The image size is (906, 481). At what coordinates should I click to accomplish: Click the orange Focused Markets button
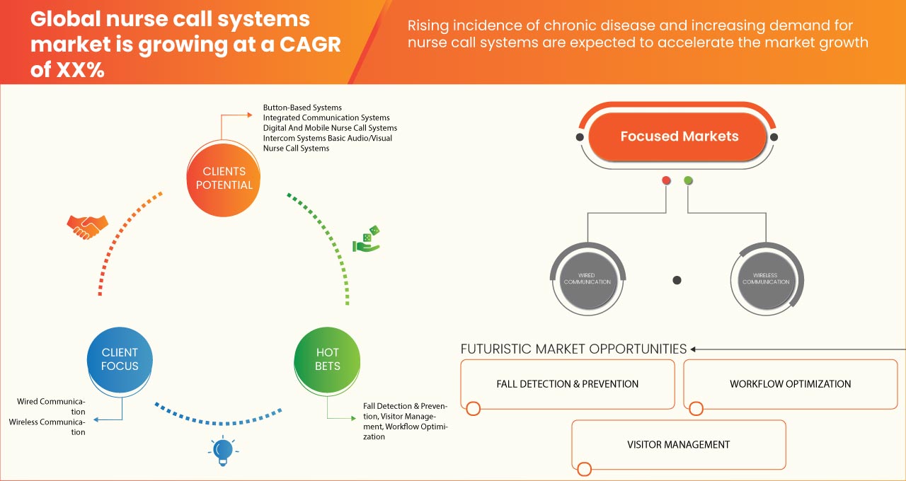pyautogui.click(x=679, y=137)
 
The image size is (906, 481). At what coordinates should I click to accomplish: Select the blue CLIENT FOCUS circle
pyautogui.click(x=120, y=359)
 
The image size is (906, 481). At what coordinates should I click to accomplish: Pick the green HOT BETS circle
pyautogui.click(x=328, y=359)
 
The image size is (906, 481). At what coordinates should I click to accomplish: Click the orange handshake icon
pyautogui.click(x=87, y=226)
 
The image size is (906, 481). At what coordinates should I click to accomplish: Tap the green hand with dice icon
pyautogui.click(x=366, y=240)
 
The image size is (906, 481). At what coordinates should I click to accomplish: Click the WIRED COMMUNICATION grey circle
pyautogui.click(x=587, y=279)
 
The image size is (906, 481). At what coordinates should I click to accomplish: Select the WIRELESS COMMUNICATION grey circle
pyautogui.click(x=765, y=279)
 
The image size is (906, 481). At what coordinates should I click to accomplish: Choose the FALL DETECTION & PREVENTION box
pyautogui.click(x=567, y=384)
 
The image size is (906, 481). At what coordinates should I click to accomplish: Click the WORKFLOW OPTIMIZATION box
pyautogui.click(x=790, y=384)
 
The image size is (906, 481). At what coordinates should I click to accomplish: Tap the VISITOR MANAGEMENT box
pyautogui.click(x=678, y=445)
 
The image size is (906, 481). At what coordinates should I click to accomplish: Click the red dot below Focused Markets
pyautogui.click(x=666, y=181)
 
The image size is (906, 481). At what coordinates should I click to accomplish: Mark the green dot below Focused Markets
pyautogui.click(x=688, y=181)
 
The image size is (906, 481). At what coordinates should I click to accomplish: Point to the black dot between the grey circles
pyautogui.click(x=677, y=280)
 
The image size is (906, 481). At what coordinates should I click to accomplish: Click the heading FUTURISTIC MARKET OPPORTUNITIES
pyautogui.click(x=573, y=349)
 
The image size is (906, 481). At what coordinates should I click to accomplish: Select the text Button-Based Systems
pyautogui.click(x=302, y=108)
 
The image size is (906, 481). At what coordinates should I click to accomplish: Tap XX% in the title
pyautogui.click(x=68, y=70)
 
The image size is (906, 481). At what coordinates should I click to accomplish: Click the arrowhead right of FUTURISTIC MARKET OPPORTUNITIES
pyautogui.click(x=694, y=349)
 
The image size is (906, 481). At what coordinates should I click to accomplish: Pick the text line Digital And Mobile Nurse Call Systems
pyautogui.click(x=330, y=128)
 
